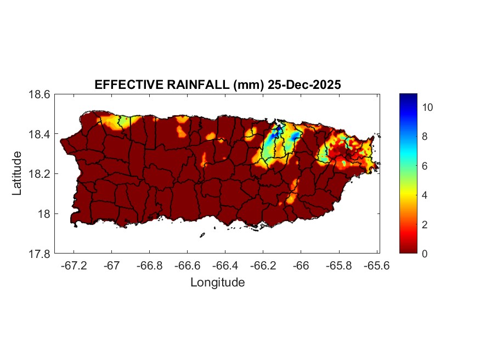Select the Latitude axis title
coord(17,173)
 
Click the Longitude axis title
coord(217,283)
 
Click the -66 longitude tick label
coord(301,265)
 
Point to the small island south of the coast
coord(202,235)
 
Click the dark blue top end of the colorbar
coord(408,97)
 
